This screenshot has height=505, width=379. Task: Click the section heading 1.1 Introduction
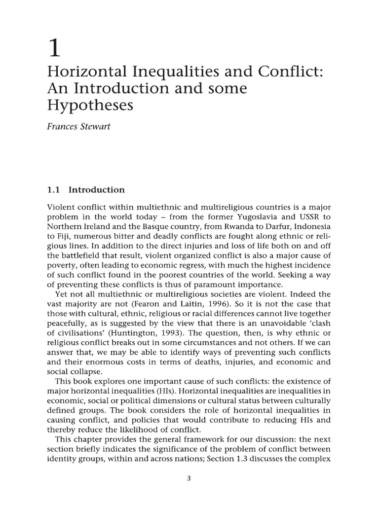(x=86, y=190)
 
